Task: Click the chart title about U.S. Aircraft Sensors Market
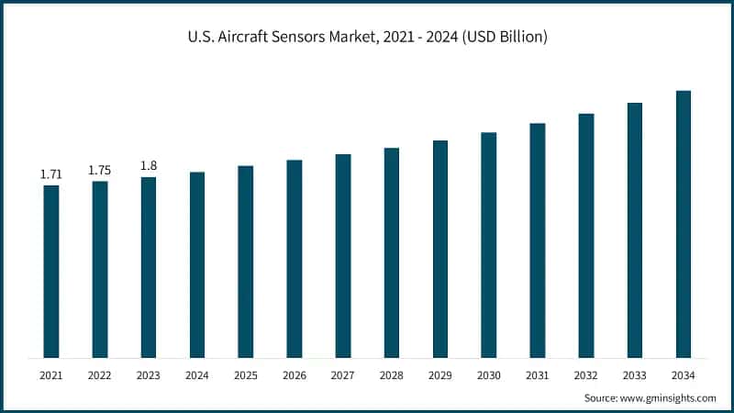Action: pyautogui.click(x=367, y=37)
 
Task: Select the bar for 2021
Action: pyautogui.click(x=51, y=271)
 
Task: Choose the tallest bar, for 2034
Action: pyautogui.click(x=684, y=224)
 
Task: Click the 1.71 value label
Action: pyautogui.click(x=51, y=173)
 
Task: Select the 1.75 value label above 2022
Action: pyautogui.click(x=100, y=170)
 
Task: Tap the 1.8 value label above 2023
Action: pyautogui.click(x=149, y=165)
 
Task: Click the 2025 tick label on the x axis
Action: pyautogui.click(x=246, y=375)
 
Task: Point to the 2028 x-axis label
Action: pyautogui.click(x=392, y=375)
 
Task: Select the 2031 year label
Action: pyautogui.click(x=538, y=375)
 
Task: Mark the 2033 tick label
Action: pyautogui.click(x=635, y=375)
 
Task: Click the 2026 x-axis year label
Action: pyautogui.click(x=295, y=375)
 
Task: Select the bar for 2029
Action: pyautogui.click(x=440, y=249)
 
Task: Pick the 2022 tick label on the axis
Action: pyautogui.click(x=100, y=375)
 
